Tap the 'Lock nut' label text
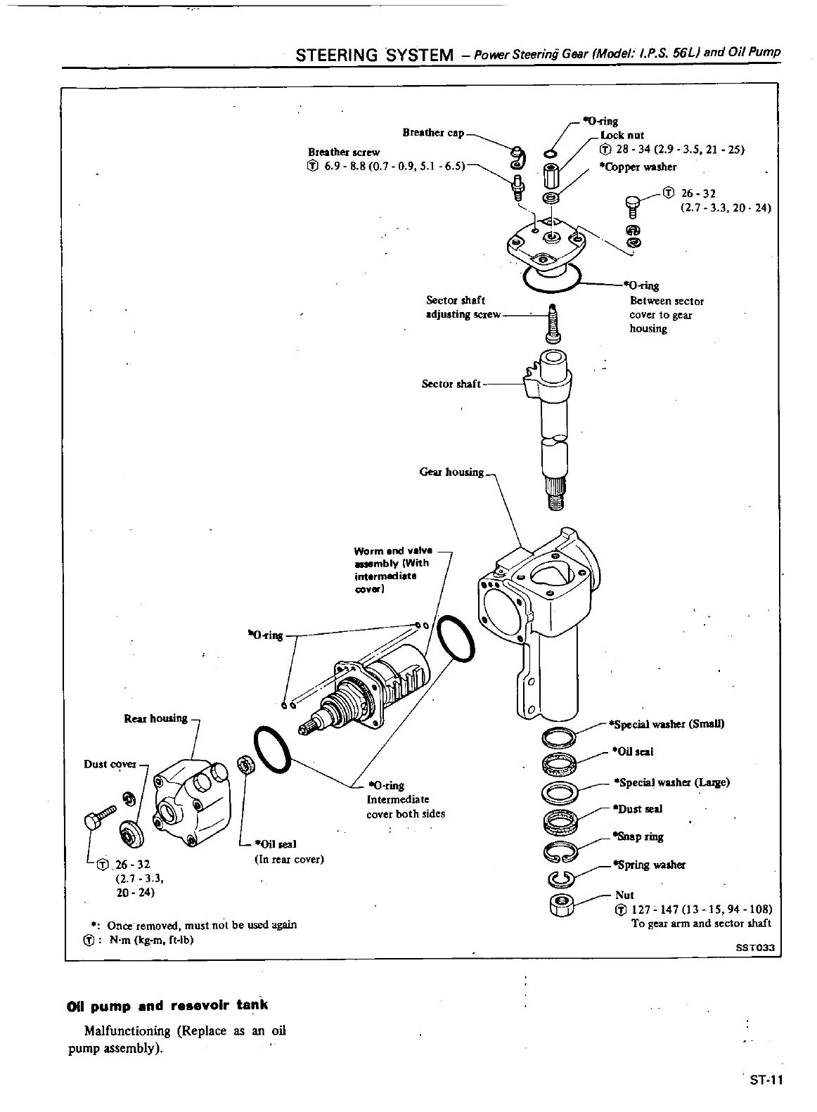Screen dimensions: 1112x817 [x=622, y=135]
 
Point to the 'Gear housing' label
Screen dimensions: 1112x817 [x=451, y=472]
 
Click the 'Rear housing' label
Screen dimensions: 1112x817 [x=155, y=718]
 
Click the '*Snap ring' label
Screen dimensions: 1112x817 [x=638, y=836]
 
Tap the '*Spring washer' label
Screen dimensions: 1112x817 [x=648, y=865]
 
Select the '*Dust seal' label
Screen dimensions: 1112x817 [x=638, y=809]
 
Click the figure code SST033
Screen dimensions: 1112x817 [x=754, y=947]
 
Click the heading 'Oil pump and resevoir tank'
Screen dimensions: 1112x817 [x=167, y=1005]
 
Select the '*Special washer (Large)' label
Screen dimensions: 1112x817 [x=671, y=782]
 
